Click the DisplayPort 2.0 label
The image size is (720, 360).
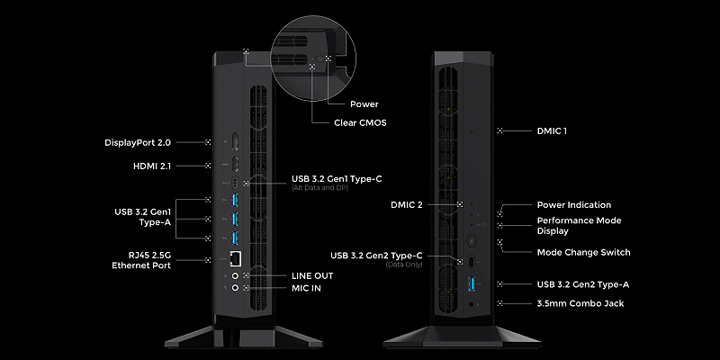click(x=138, y=142)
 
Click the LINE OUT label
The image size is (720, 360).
click(x=312, y=275)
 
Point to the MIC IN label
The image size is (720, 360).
click(x=307, y=289)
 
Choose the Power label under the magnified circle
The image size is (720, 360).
click(x=365, y=104)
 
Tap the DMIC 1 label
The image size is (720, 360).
click(x=552, y=131)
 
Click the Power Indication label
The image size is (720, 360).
click(x=573, y=205)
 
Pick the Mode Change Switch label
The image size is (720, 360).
click(x=583, y=252)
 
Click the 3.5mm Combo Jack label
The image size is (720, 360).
click(x=579, y=303)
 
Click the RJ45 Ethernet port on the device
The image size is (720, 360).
click(x=235, y=259)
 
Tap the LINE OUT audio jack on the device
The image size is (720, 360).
click(x=235, y=275)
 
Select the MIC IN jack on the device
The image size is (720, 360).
click(x=235, y=289)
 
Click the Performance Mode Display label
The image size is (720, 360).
click(x=579, y=225)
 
